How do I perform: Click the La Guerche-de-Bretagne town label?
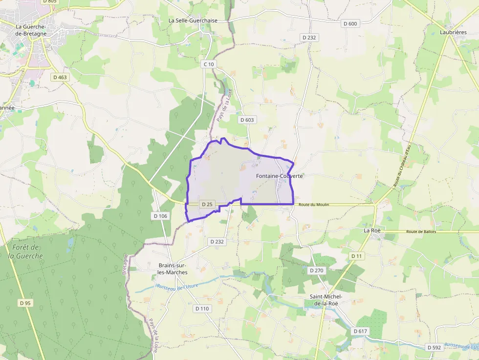(31, 30)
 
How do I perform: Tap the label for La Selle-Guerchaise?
(193, 21)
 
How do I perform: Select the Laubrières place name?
(453, 32)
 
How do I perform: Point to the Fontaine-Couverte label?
(279, 176)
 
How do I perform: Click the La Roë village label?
(372, 230)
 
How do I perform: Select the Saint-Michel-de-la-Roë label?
(327, 300)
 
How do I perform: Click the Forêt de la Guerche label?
(26, 252)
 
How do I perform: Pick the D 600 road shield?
(350, 23)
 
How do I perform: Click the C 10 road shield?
(209, 64)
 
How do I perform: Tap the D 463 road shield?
(60, 77)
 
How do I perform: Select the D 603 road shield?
(247, 120)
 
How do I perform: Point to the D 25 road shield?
(207, 204)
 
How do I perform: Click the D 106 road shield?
(160, 216)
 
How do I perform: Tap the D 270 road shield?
(317, 270)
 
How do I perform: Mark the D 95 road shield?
(25, 303)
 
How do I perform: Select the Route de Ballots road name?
(420, 232)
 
